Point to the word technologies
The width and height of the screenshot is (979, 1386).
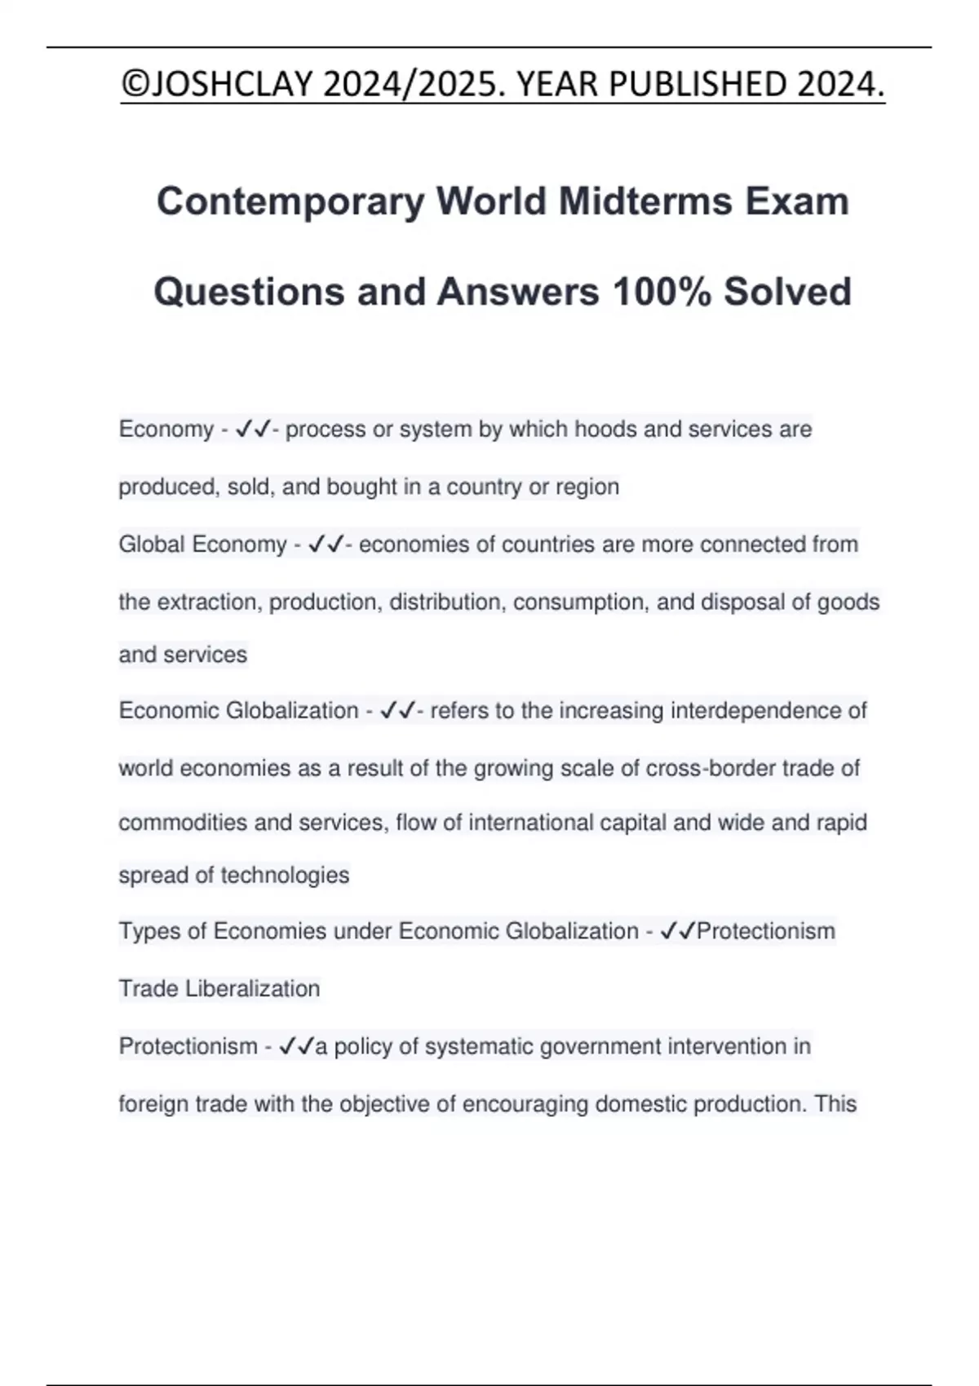[285, 875]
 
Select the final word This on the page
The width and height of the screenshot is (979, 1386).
[835, 1104]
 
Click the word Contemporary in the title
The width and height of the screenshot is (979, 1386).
[290, 201]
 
